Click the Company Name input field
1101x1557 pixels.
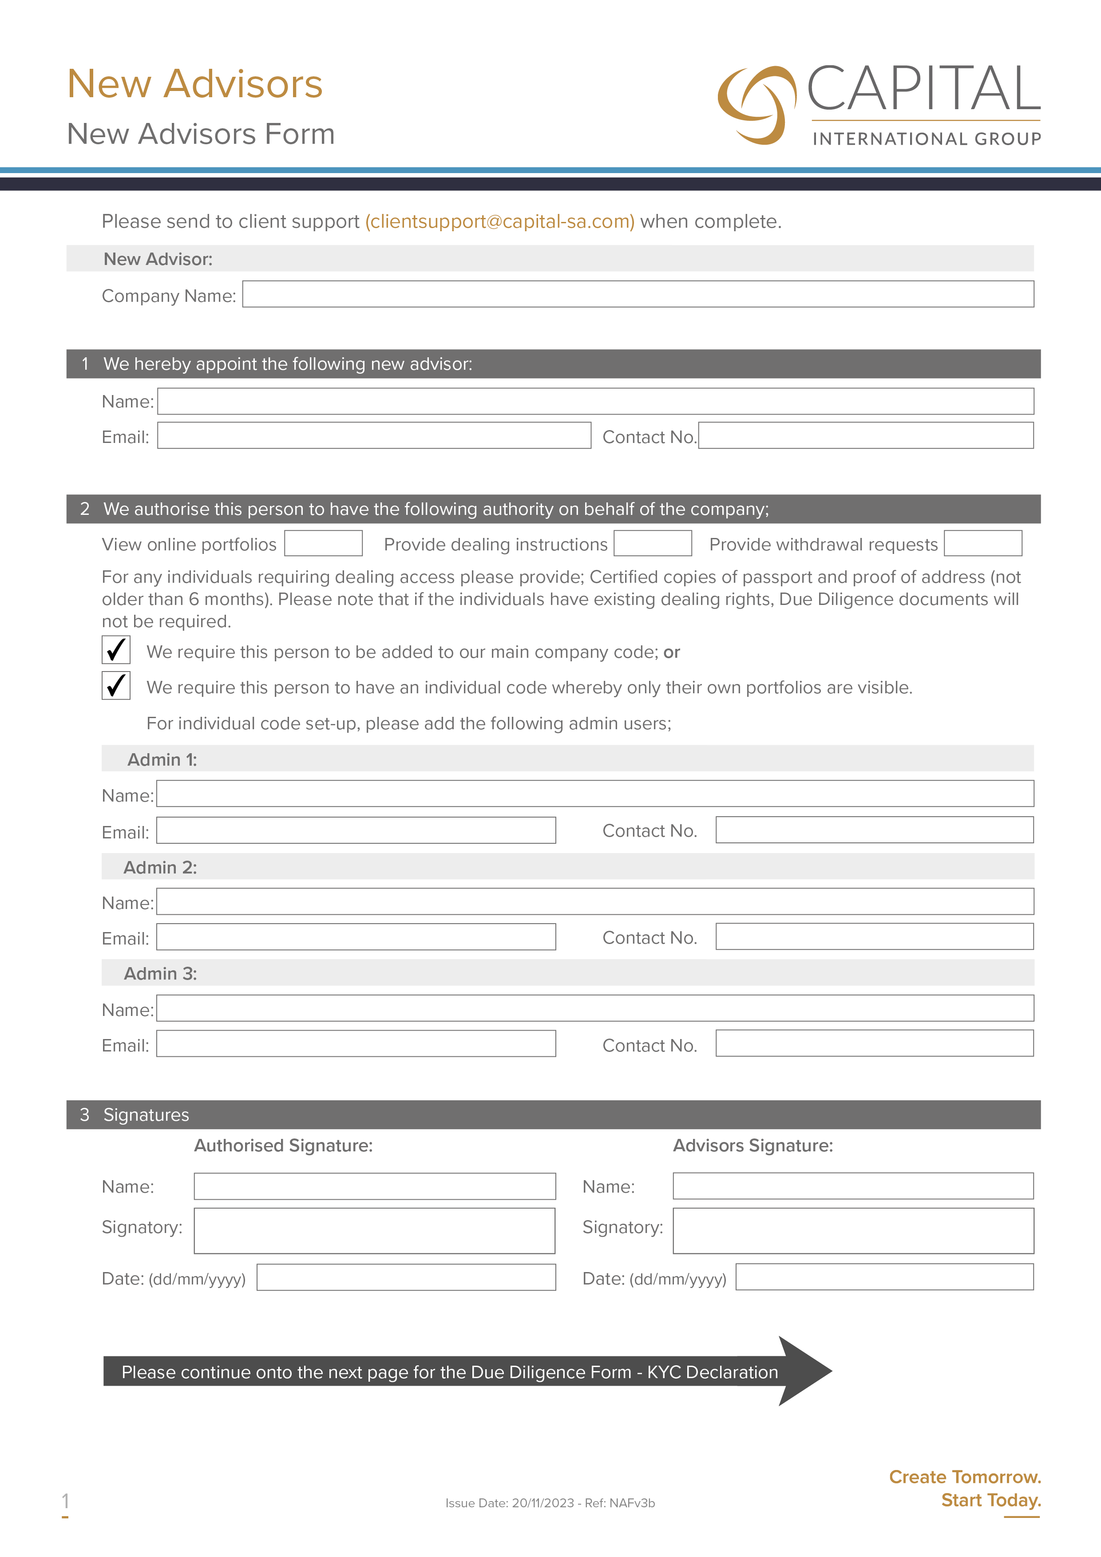click(x=638, y=294)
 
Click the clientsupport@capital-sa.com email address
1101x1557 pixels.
click(x=500, y=222)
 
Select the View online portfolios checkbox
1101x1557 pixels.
click(x=323, y=543)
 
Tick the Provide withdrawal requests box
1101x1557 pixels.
click(x=982, y=543)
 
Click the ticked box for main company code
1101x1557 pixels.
click(x=116, y=650)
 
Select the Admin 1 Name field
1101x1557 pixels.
click(x=594, y=794)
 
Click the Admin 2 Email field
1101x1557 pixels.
click(x=356, y=937)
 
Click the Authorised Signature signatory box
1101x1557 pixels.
click(x=374, y=1230)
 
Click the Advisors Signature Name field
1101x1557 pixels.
click(x=853, y=1186)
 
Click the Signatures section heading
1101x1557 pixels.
click(x=146, y=1115)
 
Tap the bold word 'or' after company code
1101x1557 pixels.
click(x=672, y=652)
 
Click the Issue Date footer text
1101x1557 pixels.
click(x=550, y=1503)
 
